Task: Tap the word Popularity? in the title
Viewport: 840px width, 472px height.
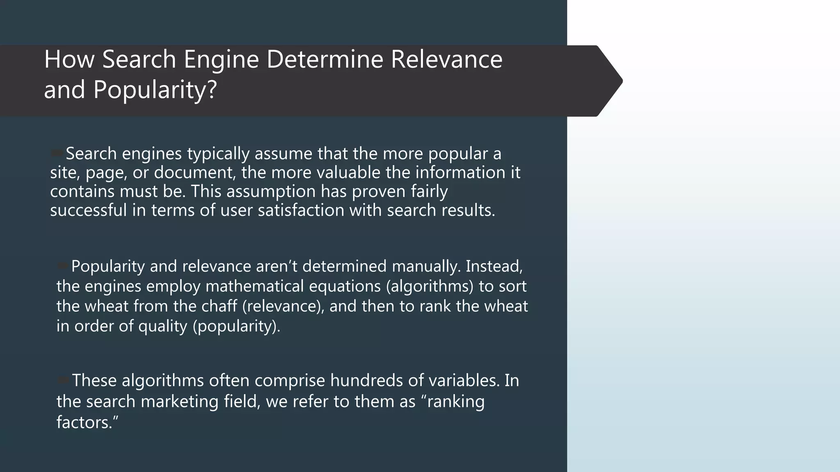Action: pos(155,90)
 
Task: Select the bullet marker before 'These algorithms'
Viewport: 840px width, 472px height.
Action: pos(64,380)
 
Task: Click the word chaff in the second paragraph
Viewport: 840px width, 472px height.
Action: pos(219,306)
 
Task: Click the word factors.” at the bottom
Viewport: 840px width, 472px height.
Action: pos(87,422)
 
